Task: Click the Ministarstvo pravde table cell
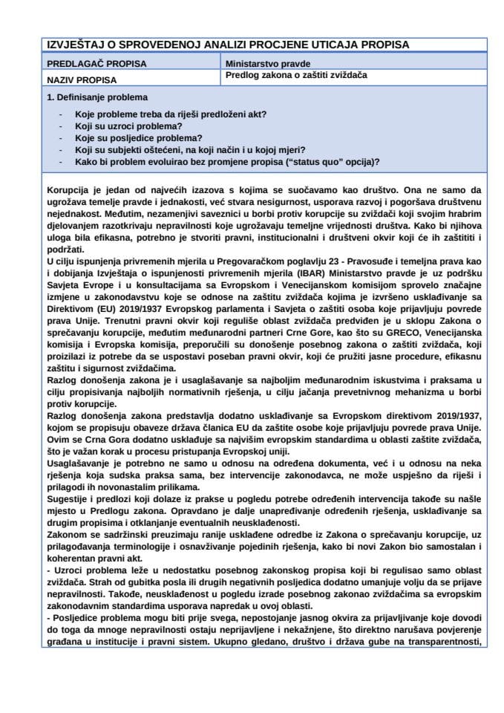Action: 268,64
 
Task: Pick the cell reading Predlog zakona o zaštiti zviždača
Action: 297,76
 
